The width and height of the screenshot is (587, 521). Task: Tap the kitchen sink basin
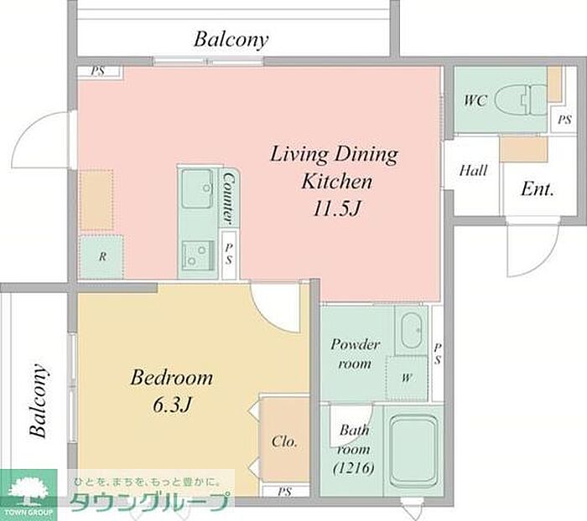point(197,188)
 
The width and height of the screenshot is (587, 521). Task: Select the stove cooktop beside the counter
point(198,255)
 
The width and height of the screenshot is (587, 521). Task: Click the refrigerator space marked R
point(101,256)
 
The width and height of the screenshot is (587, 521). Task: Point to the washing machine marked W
point(407,378)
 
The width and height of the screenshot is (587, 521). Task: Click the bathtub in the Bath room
point(413,450)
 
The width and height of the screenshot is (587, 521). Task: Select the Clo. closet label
point(284,441)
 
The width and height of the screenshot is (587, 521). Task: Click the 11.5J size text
point(336,209)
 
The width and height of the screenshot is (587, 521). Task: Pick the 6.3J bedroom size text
point(172,405)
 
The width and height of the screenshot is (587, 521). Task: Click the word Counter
point(228,199)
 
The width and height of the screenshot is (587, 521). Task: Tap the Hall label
point(473,171)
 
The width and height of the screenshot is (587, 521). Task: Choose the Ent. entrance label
point(538,188)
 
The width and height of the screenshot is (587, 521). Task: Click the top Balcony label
point(231,39)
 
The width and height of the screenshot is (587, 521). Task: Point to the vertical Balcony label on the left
point(39,400)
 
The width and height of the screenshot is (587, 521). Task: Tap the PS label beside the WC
point(564,120)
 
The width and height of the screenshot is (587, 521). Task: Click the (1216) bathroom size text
point(354,468)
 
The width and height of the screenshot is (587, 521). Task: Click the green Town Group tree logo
point(29,493)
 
